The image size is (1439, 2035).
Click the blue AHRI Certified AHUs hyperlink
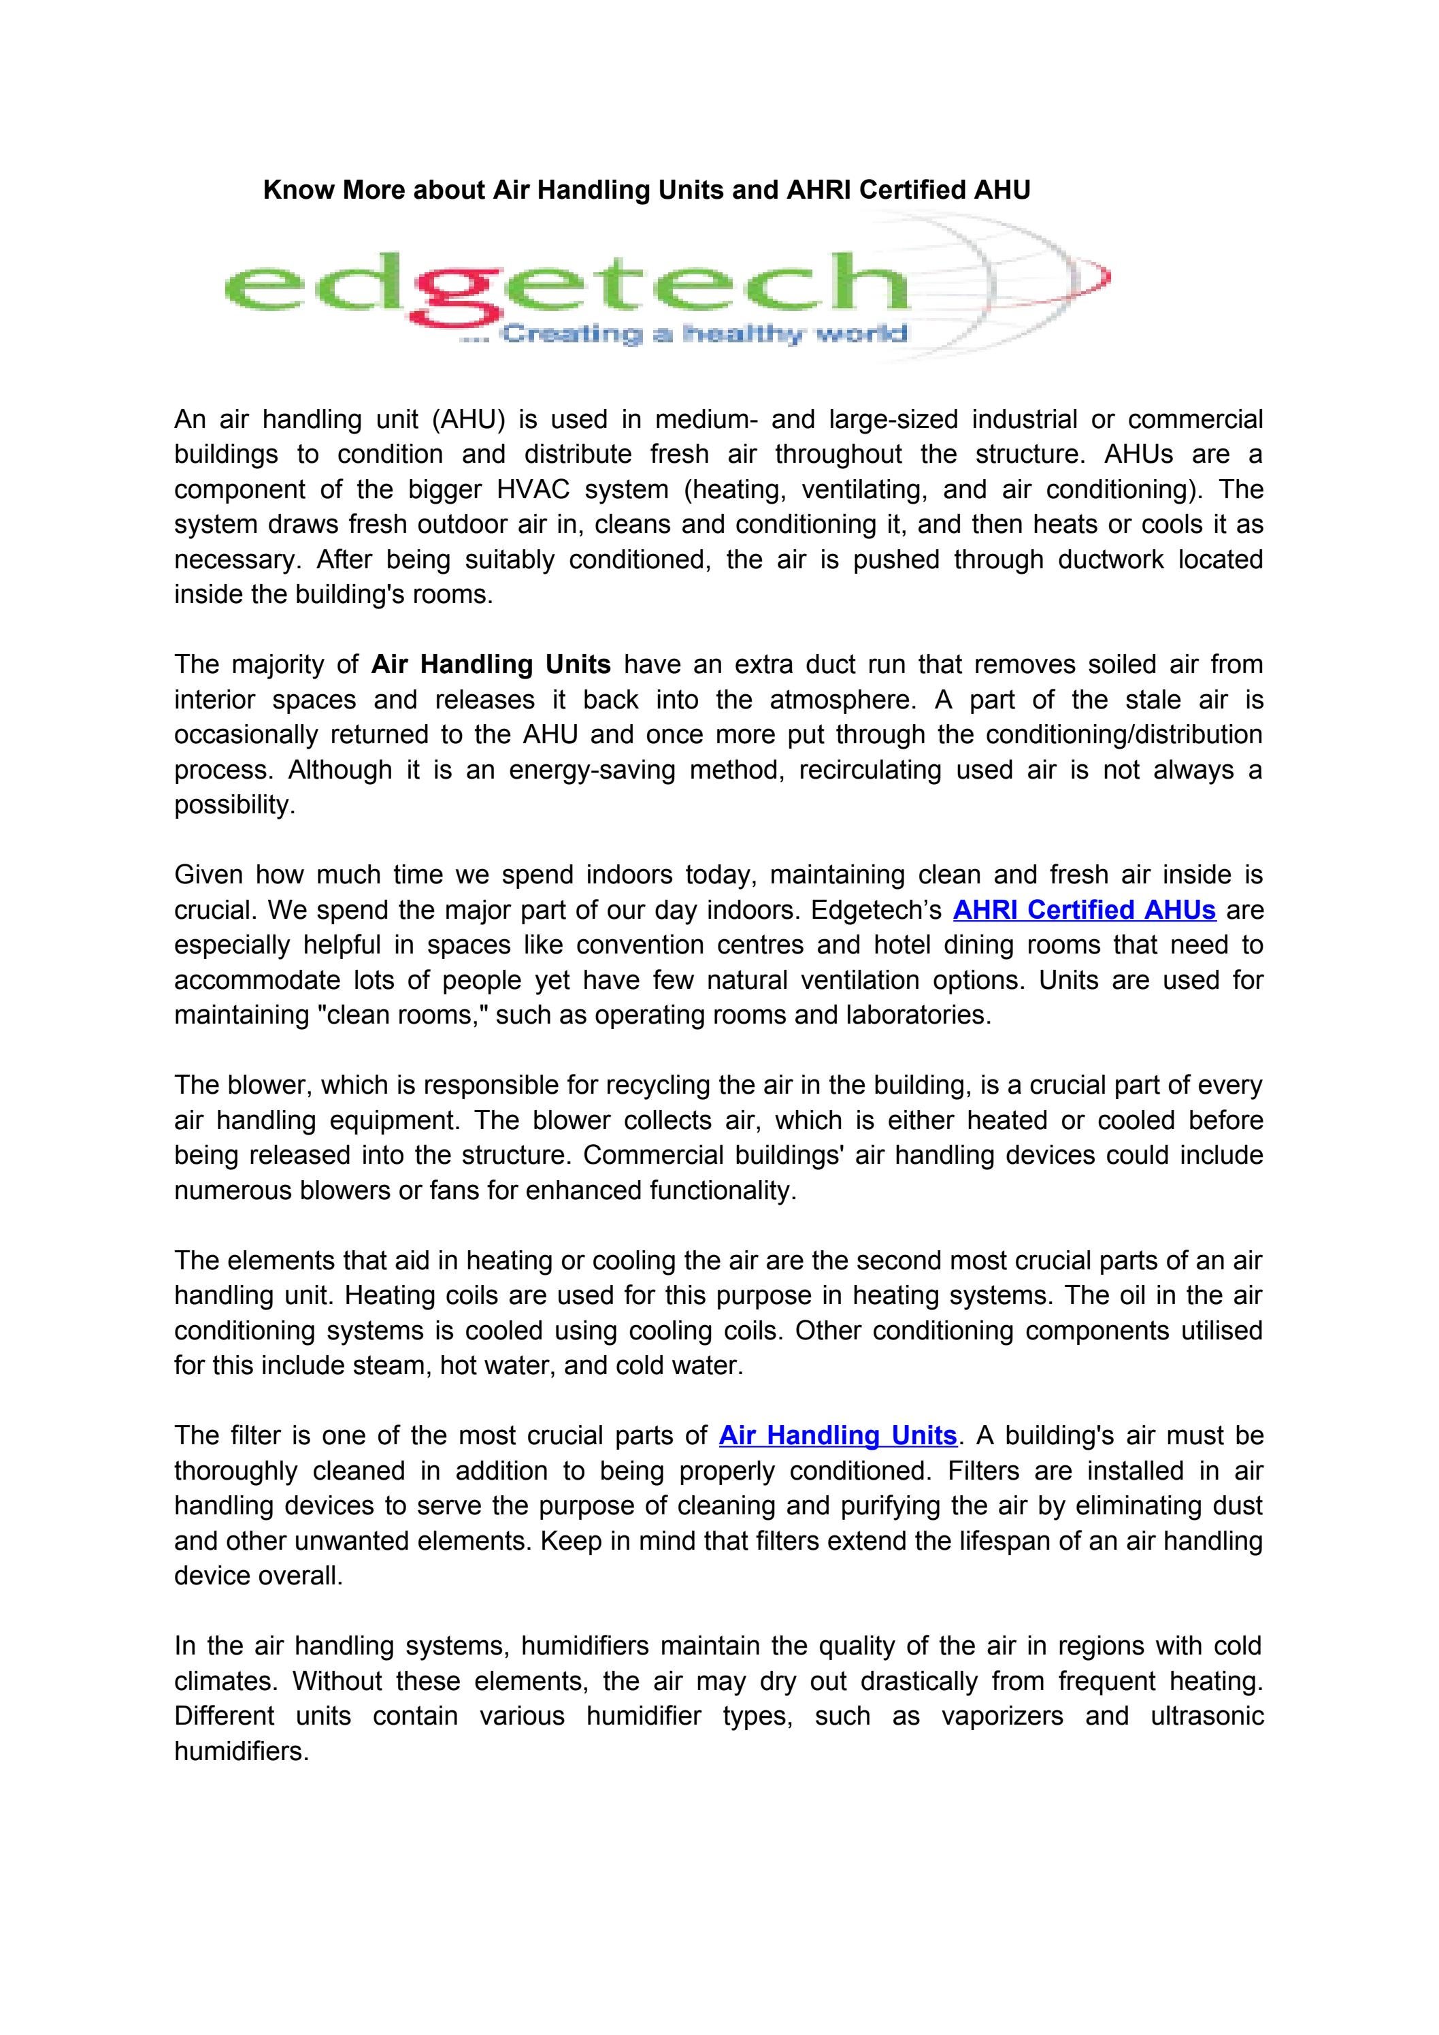[x=1084, y=910]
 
